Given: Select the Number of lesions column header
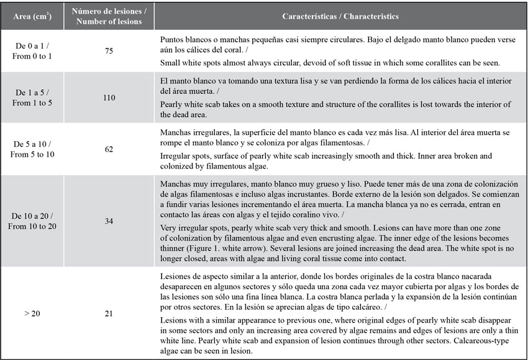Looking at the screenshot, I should tap(109, 16).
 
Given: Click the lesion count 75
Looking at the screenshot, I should tap(109, 50).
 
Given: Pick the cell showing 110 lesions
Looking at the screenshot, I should tap(109, 97).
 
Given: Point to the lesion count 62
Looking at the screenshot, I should tap(109, 149).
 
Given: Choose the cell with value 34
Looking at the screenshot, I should tap(109, 221).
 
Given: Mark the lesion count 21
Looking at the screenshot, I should tap(109, 313).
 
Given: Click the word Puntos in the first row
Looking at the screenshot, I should tap(172, 39).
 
